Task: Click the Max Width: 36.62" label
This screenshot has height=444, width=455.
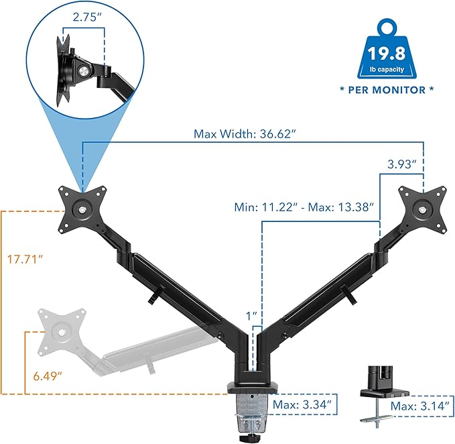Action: point(245,133)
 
